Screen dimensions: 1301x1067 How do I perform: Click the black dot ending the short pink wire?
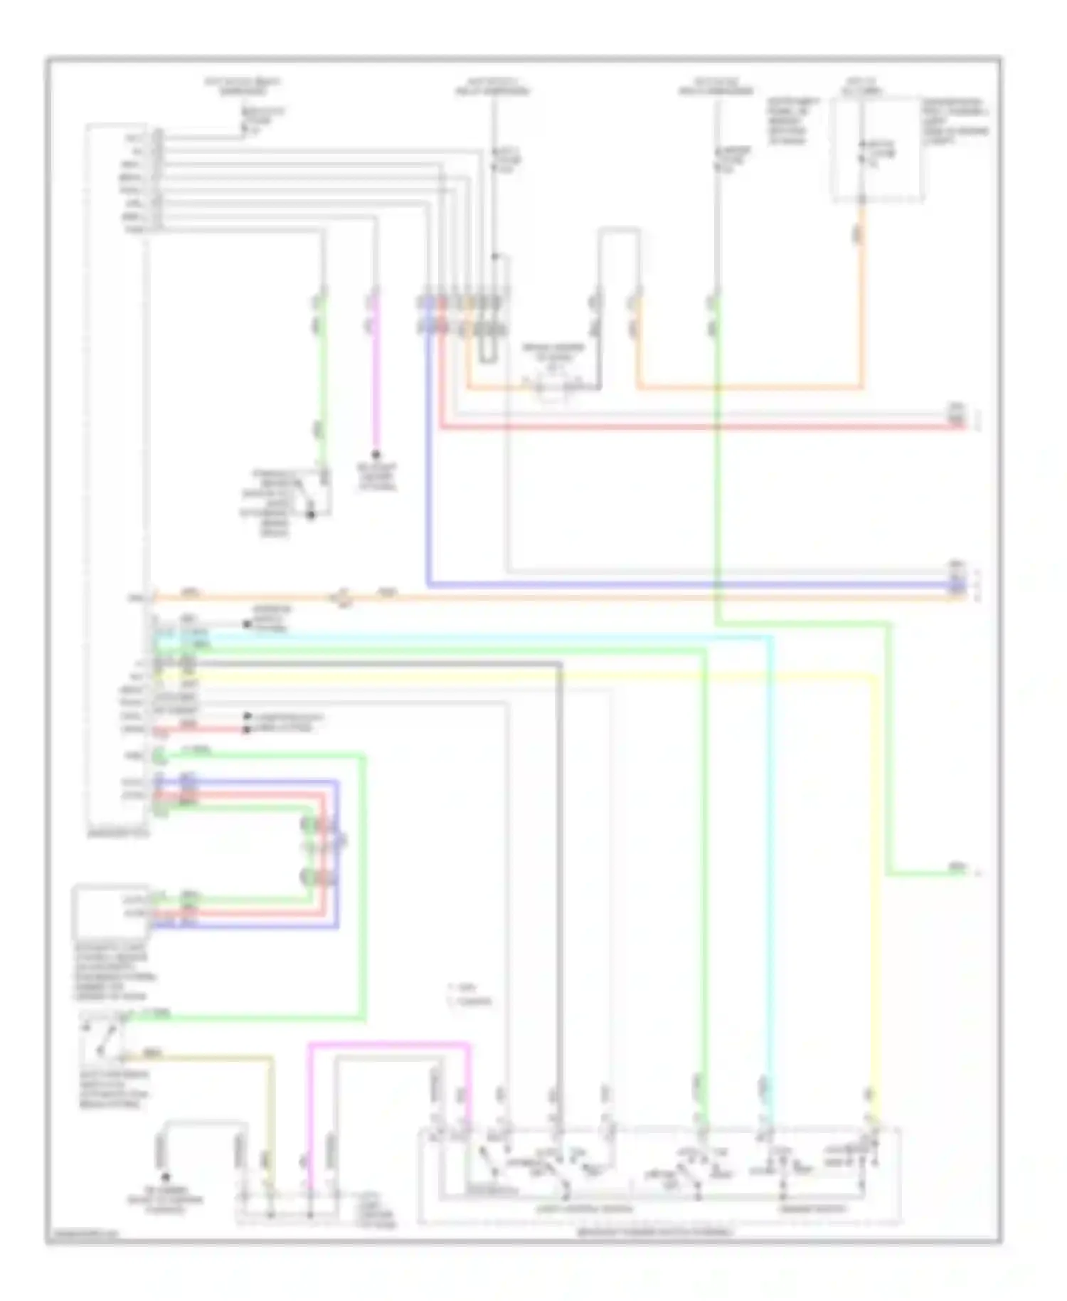click(375, 454)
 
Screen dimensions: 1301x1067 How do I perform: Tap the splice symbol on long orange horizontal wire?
click(344, 599)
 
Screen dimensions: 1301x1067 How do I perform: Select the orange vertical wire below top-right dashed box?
click(861, 299)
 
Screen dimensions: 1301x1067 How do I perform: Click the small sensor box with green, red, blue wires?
click(111, 911)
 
